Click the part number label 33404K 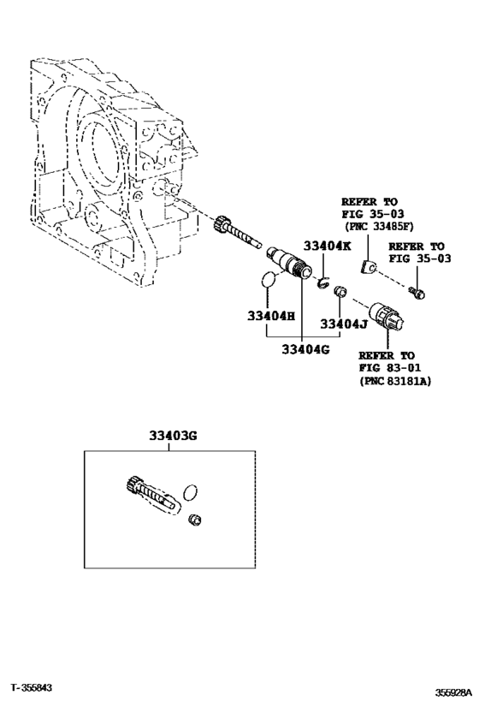(x=327, y=246)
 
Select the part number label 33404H (x=271, y=316)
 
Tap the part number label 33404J (x=344, y=324)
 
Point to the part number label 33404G (x=305, y=349)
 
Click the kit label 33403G (x=173, y=435)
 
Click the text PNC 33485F (x=381, y=227)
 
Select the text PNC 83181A (x=398, y=382)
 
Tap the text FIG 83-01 (x=390, y=368)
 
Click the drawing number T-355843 (x=32, y=687)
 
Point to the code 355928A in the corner (x=454, y=692)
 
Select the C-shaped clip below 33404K (x=323, y=283)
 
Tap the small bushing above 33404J (x=340, y=292)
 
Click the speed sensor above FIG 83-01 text (x=387, y=318)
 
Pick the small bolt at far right (x=417, y=293)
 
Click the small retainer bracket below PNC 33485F (x=367, y=267)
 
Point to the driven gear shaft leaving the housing (x=237, y=231)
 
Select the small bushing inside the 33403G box (x=195, y=520)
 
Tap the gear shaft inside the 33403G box (x=151, y=494)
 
